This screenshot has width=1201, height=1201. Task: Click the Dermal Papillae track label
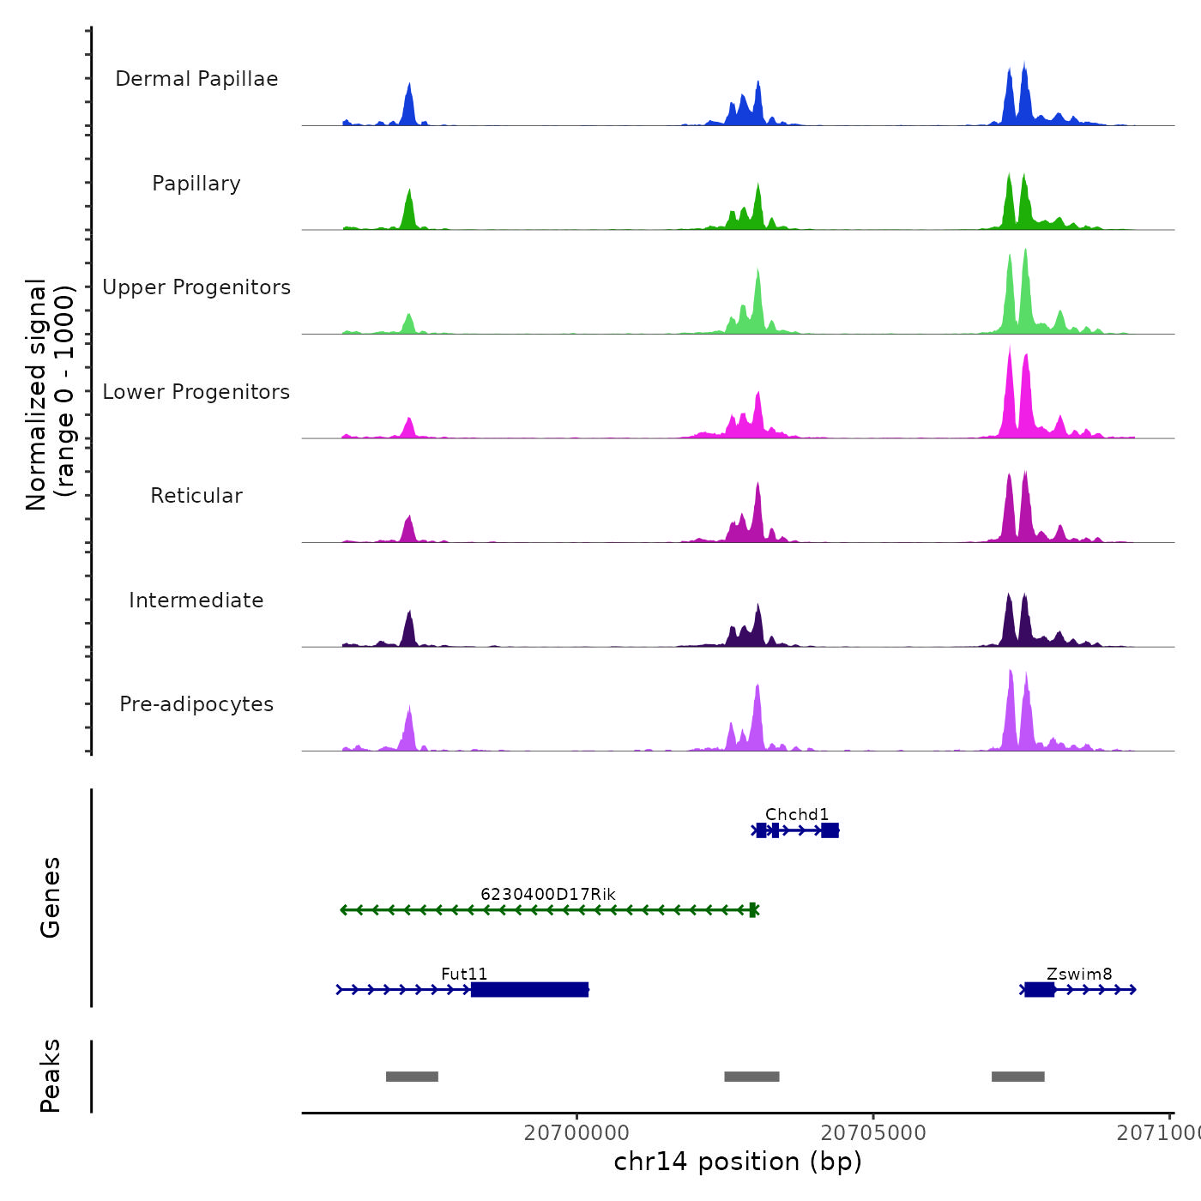[196, 79]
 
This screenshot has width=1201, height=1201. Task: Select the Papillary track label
[196, 184]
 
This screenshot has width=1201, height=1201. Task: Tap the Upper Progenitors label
[196, 287]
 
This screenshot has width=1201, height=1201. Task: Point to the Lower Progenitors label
[196, 392]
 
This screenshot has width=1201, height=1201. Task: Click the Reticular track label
[196, 496]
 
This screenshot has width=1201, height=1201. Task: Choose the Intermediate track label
[196, 600]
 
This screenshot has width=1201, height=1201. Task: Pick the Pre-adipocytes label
[196, 704]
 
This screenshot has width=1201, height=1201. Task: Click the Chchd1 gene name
[797, 814]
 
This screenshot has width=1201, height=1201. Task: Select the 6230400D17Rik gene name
[548, 894]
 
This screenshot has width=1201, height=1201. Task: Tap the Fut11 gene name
[464, 974]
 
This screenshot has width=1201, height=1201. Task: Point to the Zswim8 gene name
[1079, 974]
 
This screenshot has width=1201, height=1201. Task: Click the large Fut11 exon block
[530, 990]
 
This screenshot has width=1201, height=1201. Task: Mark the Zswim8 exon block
[1039, 990]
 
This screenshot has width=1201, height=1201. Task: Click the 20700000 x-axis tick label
[576, 1132]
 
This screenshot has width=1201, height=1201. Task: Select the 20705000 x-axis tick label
[873, 1132]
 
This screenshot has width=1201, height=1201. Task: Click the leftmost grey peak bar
[412, 1077]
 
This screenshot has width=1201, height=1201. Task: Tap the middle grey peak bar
[751, 1077]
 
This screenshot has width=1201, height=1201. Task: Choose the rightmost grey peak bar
[1018, 1077]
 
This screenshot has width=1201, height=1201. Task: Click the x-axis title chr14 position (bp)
[738, 1162]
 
